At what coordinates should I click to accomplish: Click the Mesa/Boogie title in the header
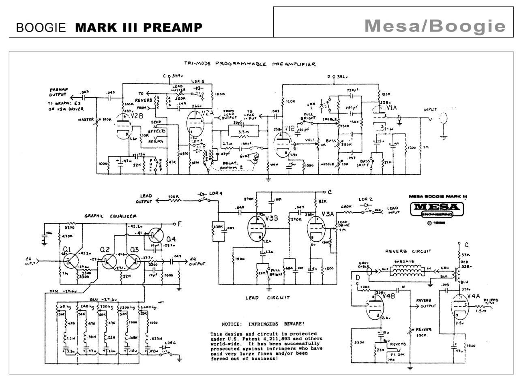click(435, 26)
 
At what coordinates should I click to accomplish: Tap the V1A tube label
click(391, 108)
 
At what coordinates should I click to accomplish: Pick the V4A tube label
click(474, 297)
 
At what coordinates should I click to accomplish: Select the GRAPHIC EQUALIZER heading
click(111, 216)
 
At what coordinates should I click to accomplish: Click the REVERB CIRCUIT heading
click(408, 251)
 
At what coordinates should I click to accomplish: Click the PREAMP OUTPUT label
click(59, 92)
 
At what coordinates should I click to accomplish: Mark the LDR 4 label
click(215, 193)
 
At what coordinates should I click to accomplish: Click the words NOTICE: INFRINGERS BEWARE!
click(263, 324)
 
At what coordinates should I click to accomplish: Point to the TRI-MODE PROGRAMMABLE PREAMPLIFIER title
click(250, 64)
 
